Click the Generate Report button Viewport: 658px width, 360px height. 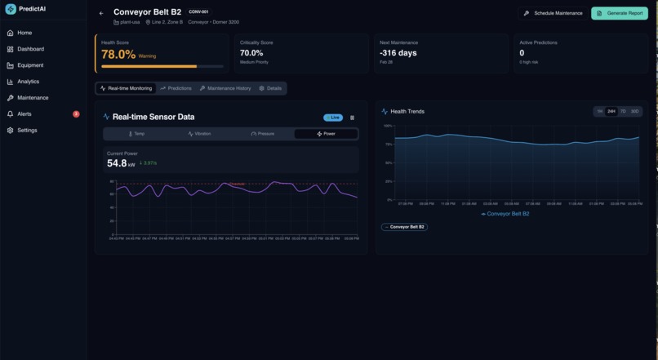pyautogui.click(x=620, y=13)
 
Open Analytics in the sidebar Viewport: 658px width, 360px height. pyautogui.click(x=28, y=82)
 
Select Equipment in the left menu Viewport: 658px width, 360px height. pyautogui.click(x=30, y=65)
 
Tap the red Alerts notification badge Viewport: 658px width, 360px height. pyautogui.click(x=76, y=114)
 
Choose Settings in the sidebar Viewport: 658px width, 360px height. pyautogui.click(x=27, y=131)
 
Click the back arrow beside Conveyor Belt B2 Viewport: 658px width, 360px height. pyautogui.click(x=101, y=13)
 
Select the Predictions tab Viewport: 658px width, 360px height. pyautogui.click(x=176, y=88)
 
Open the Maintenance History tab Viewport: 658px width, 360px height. pyautogui.click(x=225, y=88)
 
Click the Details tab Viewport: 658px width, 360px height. pyautogui.click(x=270, y=88)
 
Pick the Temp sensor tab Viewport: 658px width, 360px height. pyautogui.click(x=136, y=133)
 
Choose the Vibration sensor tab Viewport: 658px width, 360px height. pyautogui.click(x=199, y=133)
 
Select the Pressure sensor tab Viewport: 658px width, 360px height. pyautogui.click(x=263, y=133)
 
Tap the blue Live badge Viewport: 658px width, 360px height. pyautogui.click(x=333, y=118)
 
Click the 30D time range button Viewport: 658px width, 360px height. pyautogui.click(x=635, y=111)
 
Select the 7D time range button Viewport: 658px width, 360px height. pyautogui.click(x=623, y=111)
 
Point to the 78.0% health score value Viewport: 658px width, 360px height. pyautogui.click(x=118, y=55)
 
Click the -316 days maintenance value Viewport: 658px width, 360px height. pyautogui.click(x=398, y=53)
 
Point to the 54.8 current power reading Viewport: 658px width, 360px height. pyautogui.click(x=117, y=163)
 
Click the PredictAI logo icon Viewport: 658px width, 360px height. pyautogui.click(x=11, y=9)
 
